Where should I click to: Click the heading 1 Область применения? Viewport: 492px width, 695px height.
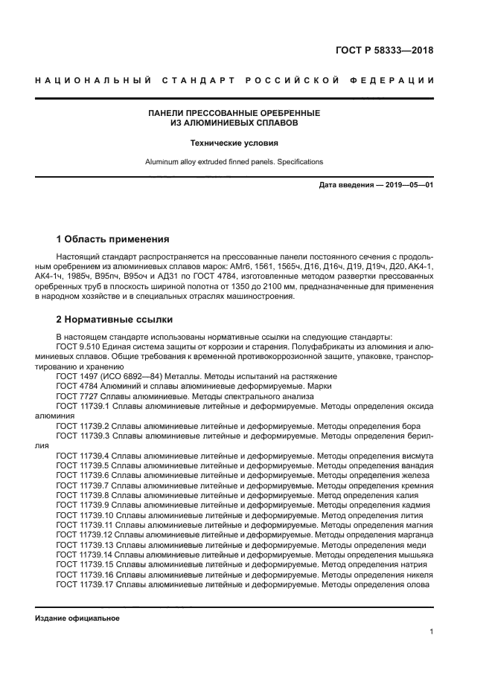[x=112, y=239]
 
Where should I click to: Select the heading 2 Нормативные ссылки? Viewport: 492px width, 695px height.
[x=115, y=320]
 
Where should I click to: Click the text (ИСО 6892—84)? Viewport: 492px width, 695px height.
[x=132, y=376]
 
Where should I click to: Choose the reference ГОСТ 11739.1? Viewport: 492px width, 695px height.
[x=83, y=407]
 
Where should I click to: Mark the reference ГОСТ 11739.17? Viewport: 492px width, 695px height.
[x=85, y=585]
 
